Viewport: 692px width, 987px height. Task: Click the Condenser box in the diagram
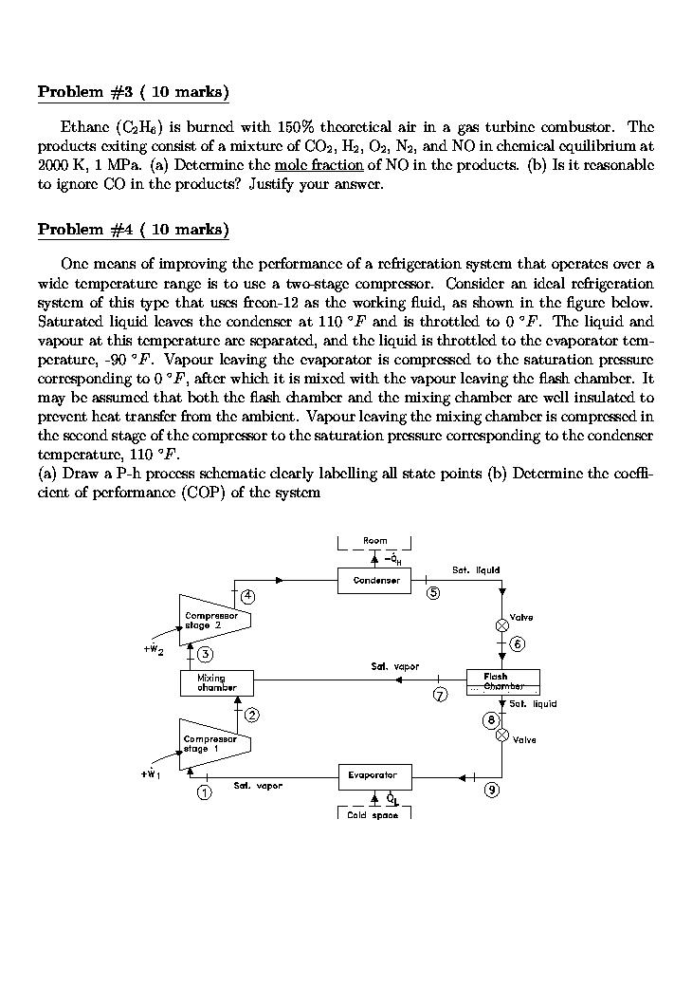pyautogui.click(x=374, y=580)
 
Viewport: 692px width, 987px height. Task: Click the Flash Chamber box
pyautogui.click(x=502, y=681)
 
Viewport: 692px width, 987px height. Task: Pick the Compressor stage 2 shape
pyautogui.click(x=215, y=620)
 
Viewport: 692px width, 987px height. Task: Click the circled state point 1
pyautogui.click(x=204, y=793)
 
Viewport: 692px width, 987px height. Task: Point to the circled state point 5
pyautogui.click(x=433, y=594)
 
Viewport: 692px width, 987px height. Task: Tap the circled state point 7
pyautogui.click(x=440, y=696)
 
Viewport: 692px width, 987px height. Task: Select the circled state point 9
pyautogui.click(x=491, y=790)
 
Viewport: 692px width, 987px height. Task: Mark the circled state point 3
pyautogui.click(x=204, y=654)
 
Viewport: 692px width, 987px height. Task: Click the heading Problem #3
pyautogui.click(x=133, y=92)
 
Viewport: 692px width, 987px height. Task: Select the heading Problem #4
pyautogui.click(x=133, y=230)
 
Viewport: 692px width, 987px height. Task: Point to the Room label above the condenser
pyautogui.click(x=374, y=541)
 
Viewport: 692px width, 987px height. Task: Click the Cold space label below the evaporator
pyautogui.click(x=373, y=815)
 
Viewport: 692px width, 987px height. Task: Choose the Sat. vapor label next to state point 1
pyautogui.click(x=258, y=786)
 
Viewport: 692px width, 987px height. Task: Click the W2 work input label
pyautogui.click(x=154, y=650)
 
